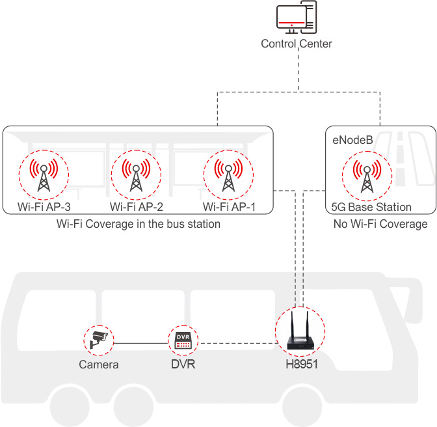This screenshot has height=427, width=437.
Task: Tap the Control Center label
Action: [x=297, y=44]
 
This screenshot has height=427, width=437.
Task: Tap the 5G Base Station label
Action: [x=369, y=207]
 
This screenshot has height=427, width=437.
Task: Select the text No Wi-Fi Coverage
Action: [x=380, y=224]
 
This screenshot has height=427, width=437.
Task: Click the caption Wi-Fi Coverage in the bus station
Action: [x=139, y=224]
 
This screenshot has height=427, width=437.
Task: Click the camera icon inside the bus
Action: [x=99, y=338]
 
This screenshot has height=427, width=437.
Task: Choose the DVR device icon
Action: [x=183, y=339]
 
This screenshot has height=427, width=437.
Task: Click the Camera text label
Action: [x=99, y=365]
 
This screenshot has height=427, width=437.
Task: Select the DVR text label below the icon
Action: [x=183, y=365]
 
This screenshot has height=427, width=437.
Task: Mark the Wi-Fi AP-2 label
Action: [x=136, y=207]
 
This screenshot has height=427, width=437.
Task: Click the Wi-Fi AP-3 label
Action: [x=44, y=207]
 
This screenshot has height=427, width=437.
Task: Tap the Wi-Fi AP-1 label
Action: [x=229, y=207]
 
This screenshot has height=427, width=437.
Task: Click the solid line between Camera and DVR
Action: [x=140, y=343]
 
